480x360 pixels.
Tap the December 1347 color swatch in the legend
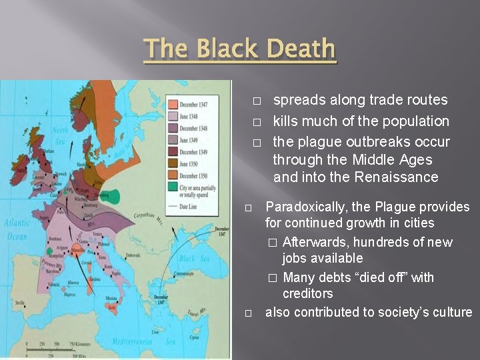point(173,105)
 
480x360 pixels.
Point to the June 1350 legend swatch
point(173,163)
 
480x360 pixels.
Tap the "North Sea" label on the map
point(60,135)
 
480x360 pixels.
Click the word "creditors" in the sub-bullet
point(307,293)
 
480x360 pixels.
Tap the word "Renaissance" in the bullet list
point(399,177)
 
